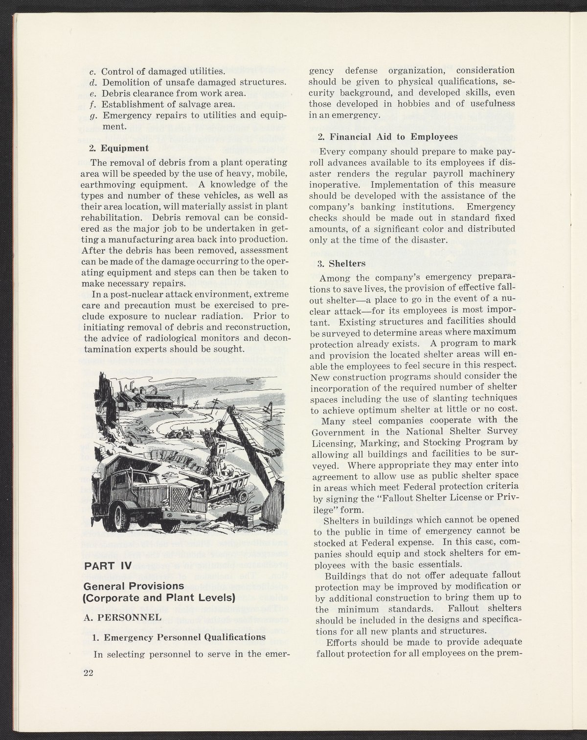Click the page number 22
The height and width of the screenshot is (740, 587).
(x=88, y=673)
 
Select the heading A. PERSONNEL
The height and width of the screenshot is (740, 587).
(x=123, y=617)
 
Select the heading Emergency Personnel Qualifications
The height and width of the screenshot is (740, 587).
(x=179, y=637)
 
